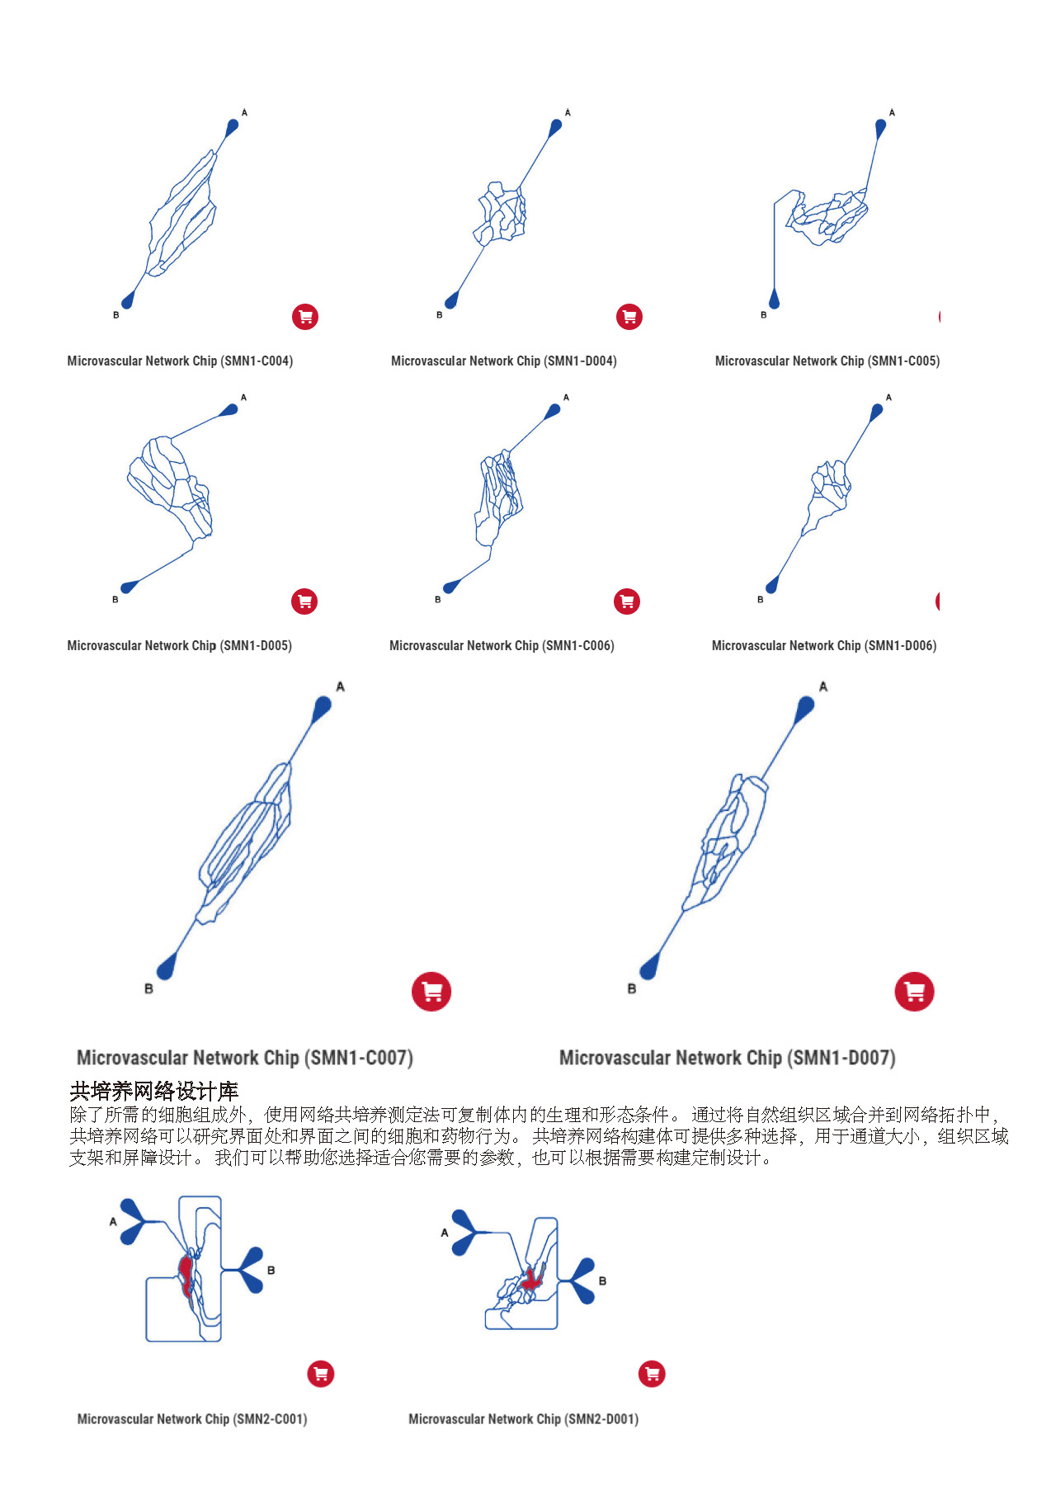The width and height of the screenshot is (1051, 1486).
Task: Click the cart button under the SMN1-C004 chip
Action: coord(305,317)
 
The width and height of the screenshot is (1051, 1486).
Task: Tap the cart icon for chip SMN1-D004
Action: coord(629,317)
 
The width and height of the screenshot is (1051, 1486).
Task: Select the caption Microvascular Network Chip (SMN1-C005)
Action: coord(827,361)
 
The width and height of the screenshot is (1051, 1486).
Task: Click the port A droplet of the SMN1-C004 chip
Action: coord(233,127)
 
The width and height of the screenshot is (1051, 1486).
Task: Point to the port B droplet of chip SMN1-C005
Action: coord(774,300)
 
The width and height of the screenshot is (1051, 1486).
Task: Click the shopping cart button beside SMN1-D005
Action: coord(304,601)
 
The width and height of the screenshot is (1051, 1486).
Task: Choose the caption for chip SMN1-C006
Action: coord(502,646)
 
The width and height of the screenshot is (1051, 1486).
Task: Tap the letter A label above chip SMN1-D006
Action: coord(888,398)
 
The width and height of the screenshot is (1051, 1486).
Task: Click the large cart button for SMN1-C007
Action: coord(431,992)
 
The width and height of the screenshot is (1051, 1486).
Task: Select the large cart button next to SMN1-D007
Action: coord(914,992)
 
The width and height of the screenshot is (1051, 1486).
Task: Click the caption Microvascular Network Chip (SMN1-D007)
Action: coord(727,1059)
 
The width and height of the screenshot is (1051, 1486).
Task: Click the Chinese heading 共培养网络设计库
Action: coord(153,1092)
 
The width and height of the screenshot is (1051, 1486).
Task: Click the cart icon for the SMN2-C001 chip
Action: coord(321,1374)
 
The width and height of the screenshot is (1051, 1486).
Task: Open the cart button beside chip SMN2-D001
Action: coord(652,1374)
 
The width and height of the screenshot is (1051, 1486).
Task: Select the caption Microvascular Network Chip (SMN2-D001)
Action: coord(523,1419)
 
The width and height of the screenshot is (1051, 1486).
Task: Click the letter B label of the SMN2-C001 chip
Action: coord(271,1271)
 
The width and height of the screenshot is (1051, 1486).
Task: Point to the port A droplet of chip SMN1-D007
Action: coord(804,710)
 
